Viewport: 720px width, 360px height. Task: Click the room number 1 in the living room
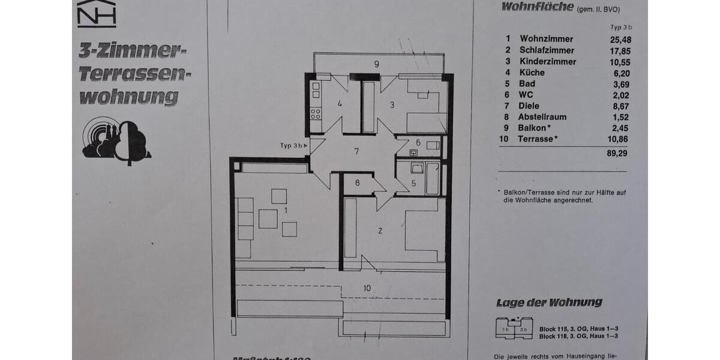pos(286,211)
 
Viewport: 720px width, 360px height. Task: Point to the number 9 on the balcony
pos(376,64)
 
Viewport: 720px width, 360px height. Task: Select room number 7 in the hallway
pos(356,151)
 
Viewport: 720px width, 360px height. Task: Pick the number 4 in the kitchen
pos(340,104)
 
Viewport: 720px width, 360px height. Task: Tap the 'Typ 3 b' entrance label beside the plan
pos(293,146)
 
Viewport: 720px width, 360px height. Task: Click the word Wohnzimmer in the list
pos(547,39)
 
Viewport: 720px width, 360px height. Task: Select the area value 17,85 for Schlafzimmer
pos(619,50)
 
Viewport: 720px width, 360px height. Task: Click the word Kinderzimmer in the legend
pos(548,61)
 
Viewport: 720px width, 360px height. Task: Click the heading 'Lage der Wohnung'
pos(549,303)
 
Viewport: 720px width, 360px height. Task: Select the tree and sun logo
pos(116,140)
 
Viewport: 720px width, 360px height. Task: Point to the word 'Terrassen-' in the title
pos(135,74)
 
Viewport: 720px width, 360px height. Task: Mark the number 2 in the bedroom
pos(380,230)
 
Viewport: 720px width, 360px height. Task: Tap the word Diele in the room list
pos(530,106)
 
